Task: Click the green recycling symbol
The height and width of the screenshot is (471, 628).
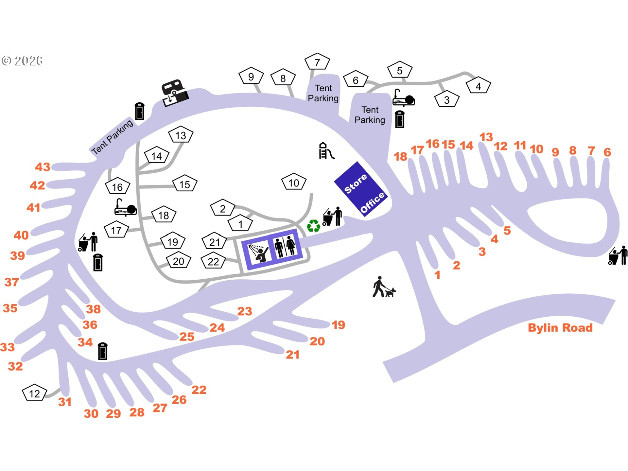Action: (313, 226)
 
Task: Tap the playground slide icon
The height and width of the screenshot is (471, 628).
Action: (326, 151)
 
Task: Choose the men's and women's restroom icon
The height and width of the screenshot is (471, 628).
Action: (285, 246)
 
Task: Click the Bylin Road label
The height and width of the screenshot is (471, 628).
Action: (560, 328)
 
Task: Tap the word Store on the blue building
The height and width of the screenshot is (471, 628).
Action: (356, 183)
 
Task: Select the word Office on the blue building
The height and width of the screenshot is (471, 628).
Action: (373, 202)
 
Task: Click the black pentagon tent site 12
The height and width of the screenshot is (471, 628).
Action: (34, 393)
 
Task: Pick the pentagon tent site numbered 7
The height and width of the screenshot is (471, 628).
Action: (317, 62)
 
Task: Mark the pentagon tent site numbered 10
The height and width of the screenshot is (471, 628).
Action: (294, 183)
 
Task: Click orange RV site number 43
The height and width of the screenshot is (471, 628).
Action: (43, 167)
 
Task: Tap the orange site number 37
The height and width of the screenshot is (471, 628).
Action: (11, 282)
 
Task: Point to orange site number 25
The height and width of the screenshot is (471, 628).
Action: (187, 337)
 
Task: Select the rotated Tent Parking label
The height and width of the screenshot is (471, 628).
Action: (112, 137)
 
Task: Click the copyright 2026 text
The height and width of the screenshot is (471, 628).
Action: (22, 61)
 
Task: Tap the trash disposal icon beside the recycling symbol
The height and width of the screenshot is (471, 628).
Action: (332, 217)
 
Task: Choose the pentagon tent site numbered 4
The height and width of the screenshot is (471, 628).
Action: (478, 86)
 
